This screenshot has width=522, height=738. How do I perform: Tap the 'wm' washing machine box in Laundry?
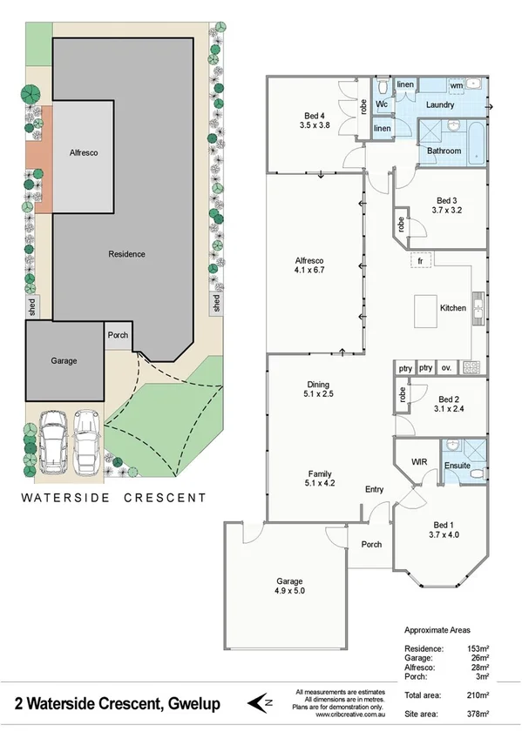click(456, 85)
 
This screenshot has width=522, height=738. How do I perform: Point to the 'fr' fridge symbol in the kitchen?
click(419, 261)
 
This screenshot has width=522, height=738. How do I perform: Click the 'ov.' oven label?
click(446, 368)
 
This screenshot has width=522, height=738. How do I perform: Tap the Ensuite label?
click(458, 466)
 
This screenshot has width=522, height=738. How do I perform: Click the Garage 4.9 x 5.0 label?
click(290, 581)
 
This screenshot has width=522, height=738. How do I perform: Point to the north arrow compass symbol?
click(259, 701)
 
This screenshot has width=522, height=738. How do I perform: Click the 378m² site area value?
click(476, 714)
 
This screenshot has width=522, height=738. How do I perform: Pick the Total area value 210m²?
click(476, 695)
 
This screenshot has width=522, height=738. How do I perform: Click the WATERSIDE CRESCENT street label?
click(113, 498)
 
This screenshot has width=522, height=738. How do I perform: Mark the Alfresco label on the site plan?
click(84, 152)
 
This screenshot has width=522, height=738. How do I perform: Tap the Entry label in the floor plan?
click(374, 490)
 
